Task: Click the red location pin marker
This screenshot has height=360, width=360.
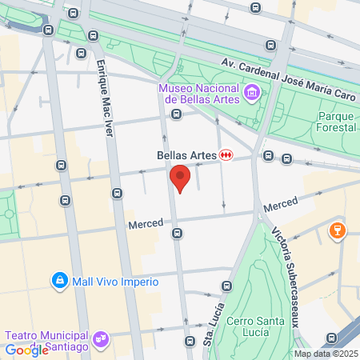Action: [x=180, y=178]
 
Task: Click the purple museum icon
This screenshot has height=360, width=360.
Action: [x=252, y=94]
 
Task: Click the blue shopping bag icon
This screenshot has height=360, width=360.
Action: [x=58, y=281]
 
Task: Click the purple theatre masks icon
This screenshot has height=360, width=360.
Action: [x=100, y=339]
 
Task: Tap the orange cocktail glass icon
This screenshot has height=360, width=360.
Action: [x=337, y=232]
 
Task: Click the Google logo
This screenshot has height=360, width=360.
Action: [x=26, y=350]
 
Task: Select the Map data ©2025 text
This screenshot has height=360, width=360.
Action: [x=326, y=354]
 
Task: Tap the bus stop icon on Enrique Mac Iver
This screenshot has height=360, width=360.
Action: [x=118, y=193]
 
